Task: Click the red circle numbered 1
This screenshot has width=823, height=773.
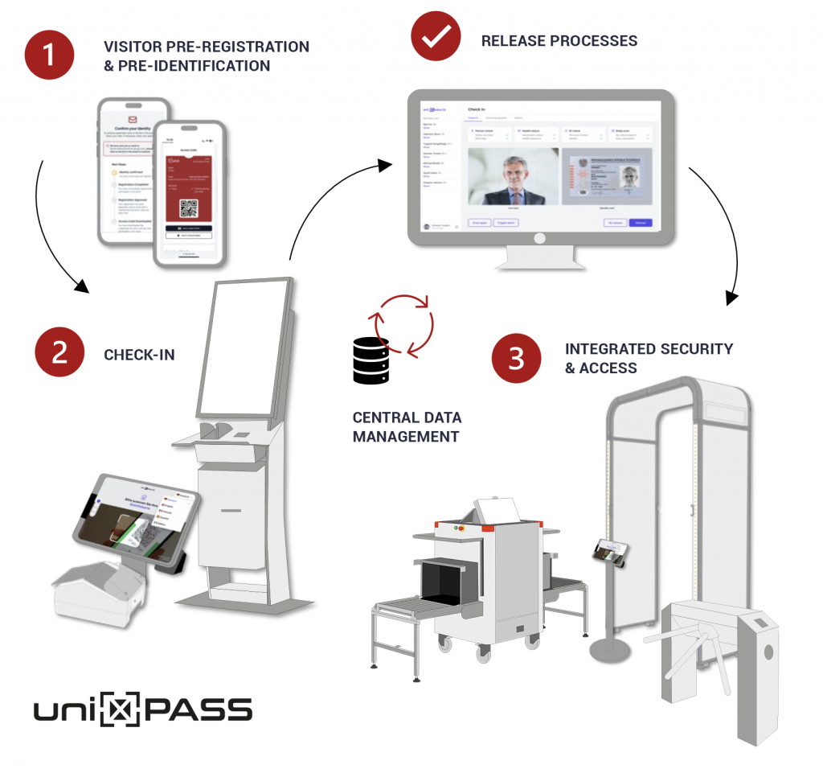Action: tap(49, 55)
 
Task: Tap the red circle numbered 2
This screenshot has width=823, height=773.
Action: tap(59, 354)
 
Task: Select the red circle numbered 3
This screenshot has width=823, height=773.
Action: tap(516, 358)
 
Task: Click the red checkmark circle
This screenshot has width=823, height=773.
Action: tap(435, 37)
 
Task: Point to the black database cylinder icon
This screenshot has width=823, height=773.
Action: tap(371, 360)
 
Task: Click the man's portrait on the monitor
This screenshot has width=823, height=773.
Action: tap(512, 176)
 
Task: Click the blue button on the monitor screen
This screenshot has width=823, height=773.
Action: tap(640, 223)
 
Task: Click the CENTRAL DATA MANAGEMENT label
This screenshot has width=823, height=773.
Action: tap(407, 427)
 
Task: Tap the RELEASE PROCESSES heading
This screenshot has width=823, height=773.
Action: tap(559, 40)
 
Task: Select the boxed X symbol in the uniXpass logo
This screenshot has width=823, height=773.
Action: tap(121, 710)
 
